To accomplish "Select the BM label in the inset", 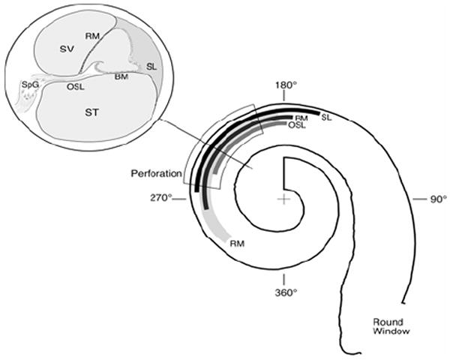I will pos(121,76).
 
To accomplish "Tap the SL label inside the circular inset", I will pos(151,65).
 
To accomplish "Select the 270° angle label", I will pos(161,198).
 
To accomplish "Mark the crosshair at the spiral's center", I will pos(283,199).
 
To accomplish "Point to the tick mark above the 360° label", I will pos(283,272).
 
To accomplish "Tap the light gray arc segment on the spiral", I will pos(214,225).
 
